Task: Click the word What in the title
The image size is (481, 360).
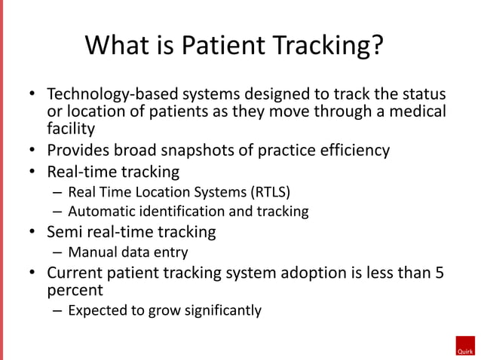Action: [x=118, y=47]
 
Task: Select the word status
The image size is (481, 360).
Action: [x=421, y=96]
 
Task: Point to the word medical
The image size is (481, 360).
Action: [x=418, y=112]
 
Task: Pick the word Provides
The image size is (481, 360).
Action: [x=80, y=150]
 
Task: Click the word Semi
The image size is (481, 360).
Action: [x=66, y=232]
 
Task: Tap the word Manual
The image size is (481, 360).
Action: [x=90, y=252]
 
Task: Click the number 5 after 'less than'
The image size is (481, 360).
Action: [x=440, y=273]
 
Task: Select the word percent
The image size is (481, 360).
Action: [x=75, y=290]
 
